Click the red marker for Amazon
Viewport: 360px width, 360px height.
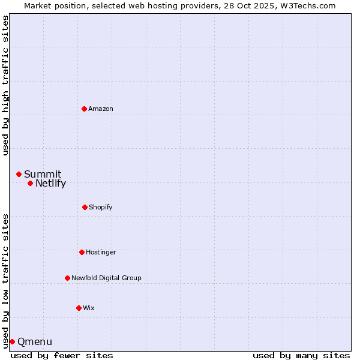(x=84, y=109)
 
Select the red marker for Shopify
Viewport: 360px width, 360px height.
(x=85, y=207)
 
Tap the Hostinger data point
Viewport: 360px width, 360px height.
(x=82, y=252)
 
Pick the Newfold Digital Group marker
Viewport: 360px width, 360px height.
(x=67, y=278)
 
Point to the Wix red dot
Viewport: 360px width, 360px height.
(x=79, y=308)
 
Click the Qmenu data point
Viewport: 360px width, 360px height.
(x=12, y=341)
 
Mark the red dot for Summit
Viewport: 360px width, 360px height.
(x=19, y=174)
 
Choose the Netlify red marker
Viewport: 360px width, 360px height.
(x=30, y=183)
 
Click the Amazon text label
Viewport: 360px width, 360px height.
(x=101, y=109)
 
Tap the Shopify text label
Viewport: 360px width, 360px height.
(x=101, y=208)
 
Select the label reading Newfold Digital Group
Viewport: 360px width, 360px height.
(x=106, y=278)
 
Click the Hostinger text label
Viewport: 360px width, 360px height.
(x=101, y=253)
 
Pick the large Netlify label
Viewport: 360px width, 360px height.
(x=50, y=184)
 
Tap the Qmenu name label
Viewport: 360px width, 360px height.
(x=35, y=342)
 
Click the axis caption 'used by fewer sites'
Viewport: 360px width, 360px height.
(x=62, y=355)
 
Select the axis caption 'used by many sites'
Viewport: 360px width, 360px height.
(x=301, y=355)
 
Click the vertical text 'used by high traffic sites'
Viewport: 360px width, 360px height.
(x=5, y=85)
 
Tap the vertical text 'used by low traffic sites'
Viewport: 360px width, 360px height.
(x=5, y=280)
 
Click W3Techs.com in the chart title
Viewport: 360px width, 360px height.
(x=307, y=5)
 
